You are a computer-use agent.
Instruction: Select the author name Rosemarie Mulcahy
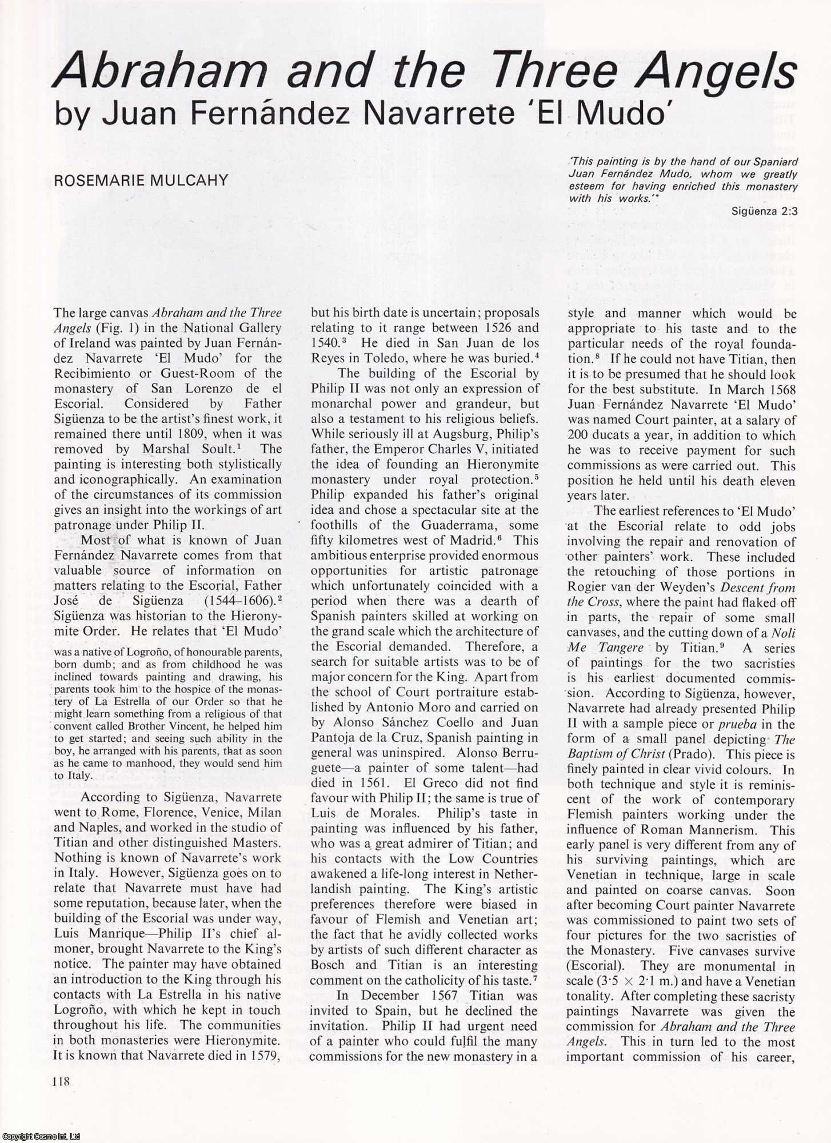141,181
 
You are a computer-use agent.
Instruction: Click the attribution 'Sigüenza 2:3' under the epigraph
764,211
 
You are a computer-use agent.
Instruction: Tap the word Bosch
331,965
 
